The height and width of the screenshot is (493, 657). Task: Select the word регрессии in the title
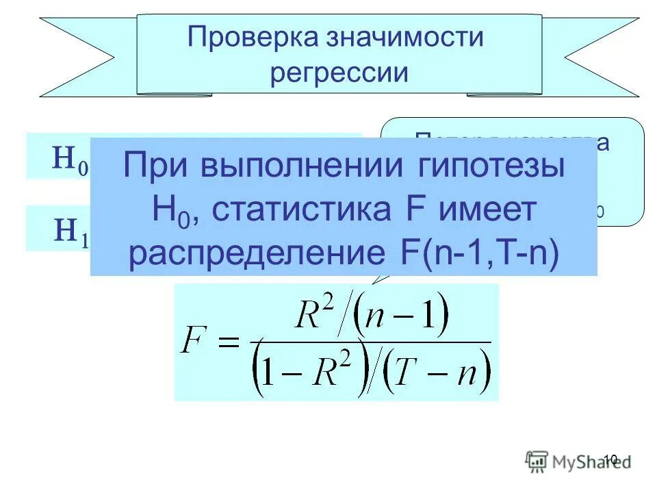(339, 72)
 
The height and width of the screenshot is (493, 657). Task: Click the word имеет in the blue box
(487, 211)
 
